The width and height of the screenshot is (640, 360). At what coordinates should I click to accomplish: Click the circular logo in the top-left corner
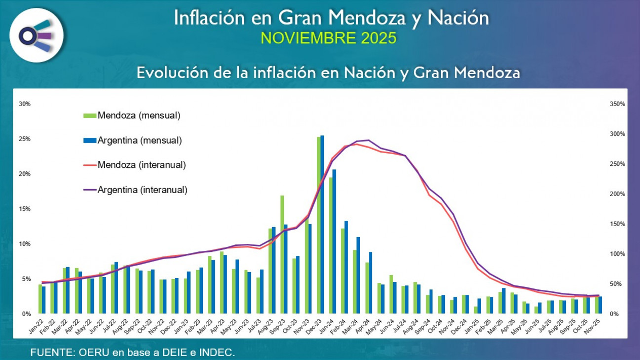tap(36, 35)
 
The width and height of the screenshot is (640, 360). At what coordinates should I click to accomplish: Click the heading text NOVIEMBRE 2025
tap(328, 38)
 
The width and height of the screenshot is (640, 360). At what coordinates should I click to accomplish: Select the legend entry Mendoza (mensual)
tap(138, 116)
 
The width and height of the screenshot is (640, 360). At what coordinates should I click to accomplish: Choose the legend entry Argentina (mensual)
tap(139, 140)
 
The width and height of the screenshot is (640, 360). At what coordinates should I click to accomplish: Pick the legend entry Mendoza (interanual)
tap(141, 165)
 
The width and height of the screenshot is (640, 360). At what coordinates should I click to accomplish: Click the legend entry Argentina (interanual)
tap(142, 190)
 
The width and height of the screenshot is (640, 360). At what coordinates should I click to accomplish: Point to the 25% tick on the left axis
tap(24, 139)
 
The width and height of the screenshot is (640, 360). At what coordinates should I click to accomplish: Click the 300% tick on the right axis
tap(617, 134)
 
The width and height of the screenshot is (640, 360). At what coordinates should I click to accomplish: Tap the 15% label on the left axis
tap(24, 209)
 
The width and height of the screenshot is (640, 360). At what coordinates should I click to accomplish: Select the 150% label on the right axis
tap(617, 224)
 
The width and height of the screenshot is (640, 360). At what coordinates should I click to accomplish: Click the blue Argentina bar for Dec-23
tap(322, 225)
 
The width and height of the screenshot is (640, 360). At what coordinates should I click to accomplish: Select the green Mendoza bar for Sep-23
tap(282, 254)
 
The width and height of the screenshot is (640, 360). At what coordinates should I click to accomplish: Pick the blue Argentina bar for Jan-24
tap(334, 241)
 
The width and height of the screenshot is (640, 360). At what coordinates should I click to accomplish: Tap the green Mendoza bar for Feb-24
tap(343, 271)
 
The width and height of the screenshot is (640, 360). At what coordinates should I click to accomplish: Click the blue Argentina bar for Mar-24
tap(359, 275)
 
